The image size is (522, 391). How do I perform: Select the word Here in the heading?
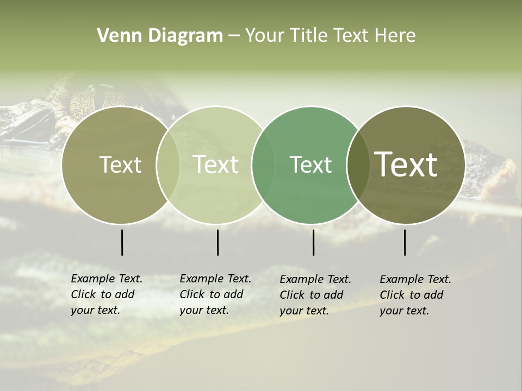click(x=395, y=36)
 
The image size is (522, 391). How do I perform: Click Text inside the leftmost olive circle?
click(x=120, y=165)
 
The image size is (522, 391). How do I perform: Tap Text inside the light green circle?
click(x=215, y=165)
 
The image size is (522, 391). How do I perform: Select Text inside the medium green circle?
click(x=310, y=165)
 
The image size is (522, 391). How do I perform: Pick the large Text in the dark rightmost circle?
click(x=406, y=164)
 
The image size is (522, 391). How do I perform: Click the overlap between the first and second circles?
click(x=167, y=165)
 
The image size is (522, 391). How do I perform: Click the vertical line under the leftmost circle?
click(x=122, y=242)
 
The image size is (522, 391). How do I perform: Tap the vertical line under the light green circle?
click(x=217, y=242)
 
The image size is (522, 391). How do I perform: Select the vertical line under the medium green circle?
click(x=313, y=242)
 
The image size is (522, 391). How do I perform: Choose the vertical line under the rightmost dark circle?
click(x=405, y=242)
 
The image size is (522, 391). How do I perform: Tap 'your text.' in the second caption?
click(x=204, y=310)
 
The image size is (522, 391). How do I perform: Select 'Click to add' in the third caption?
click(x=311, y=295)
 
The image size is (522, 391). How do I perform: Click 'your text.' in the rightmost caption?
click(x=404, y=311)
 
